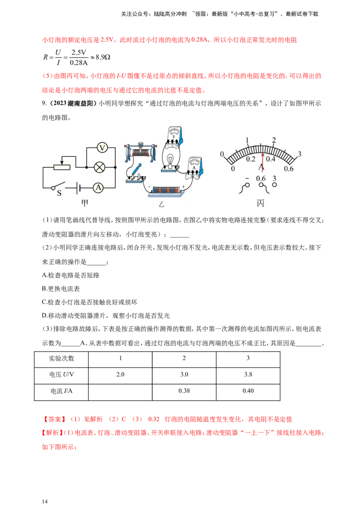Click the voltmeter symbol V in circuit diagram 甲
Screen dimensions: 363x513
tap(102, 148)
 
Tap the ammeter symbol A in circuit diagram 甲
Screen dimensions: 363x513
tap(98, 188)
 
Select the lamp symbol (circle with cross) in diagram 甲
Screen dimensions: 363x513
tap(99, 168)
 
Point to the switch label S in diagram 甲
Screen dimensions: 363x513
tap(59, 193)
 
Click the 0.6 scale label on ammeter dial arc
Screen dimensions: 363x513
tap(289, 169)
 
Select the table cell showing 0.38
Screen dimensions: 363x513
tap(184, 391)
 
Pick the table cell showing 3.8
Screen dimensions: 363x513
tap(248, 375)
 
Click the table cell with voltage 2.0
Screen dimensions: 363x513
tap(120, 375)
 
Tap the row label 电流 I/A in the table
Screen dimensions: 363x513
tap(61, 391)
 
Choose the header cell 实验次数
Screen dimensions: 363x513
tap(61, 358)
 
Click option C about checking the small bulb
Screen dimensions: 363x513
tap(89, 302)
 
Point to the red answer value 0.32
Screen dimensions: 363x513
tap(154, 420)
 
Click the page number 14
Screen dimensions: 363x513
tap(45, 502)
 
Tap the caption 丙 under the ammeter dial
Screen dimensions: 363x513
tap(260, 203)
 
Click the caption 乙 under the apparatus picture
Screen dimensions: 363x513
tap(161, 204)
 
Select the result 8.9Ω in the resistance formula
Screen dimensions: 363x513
tap(103, 57)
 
